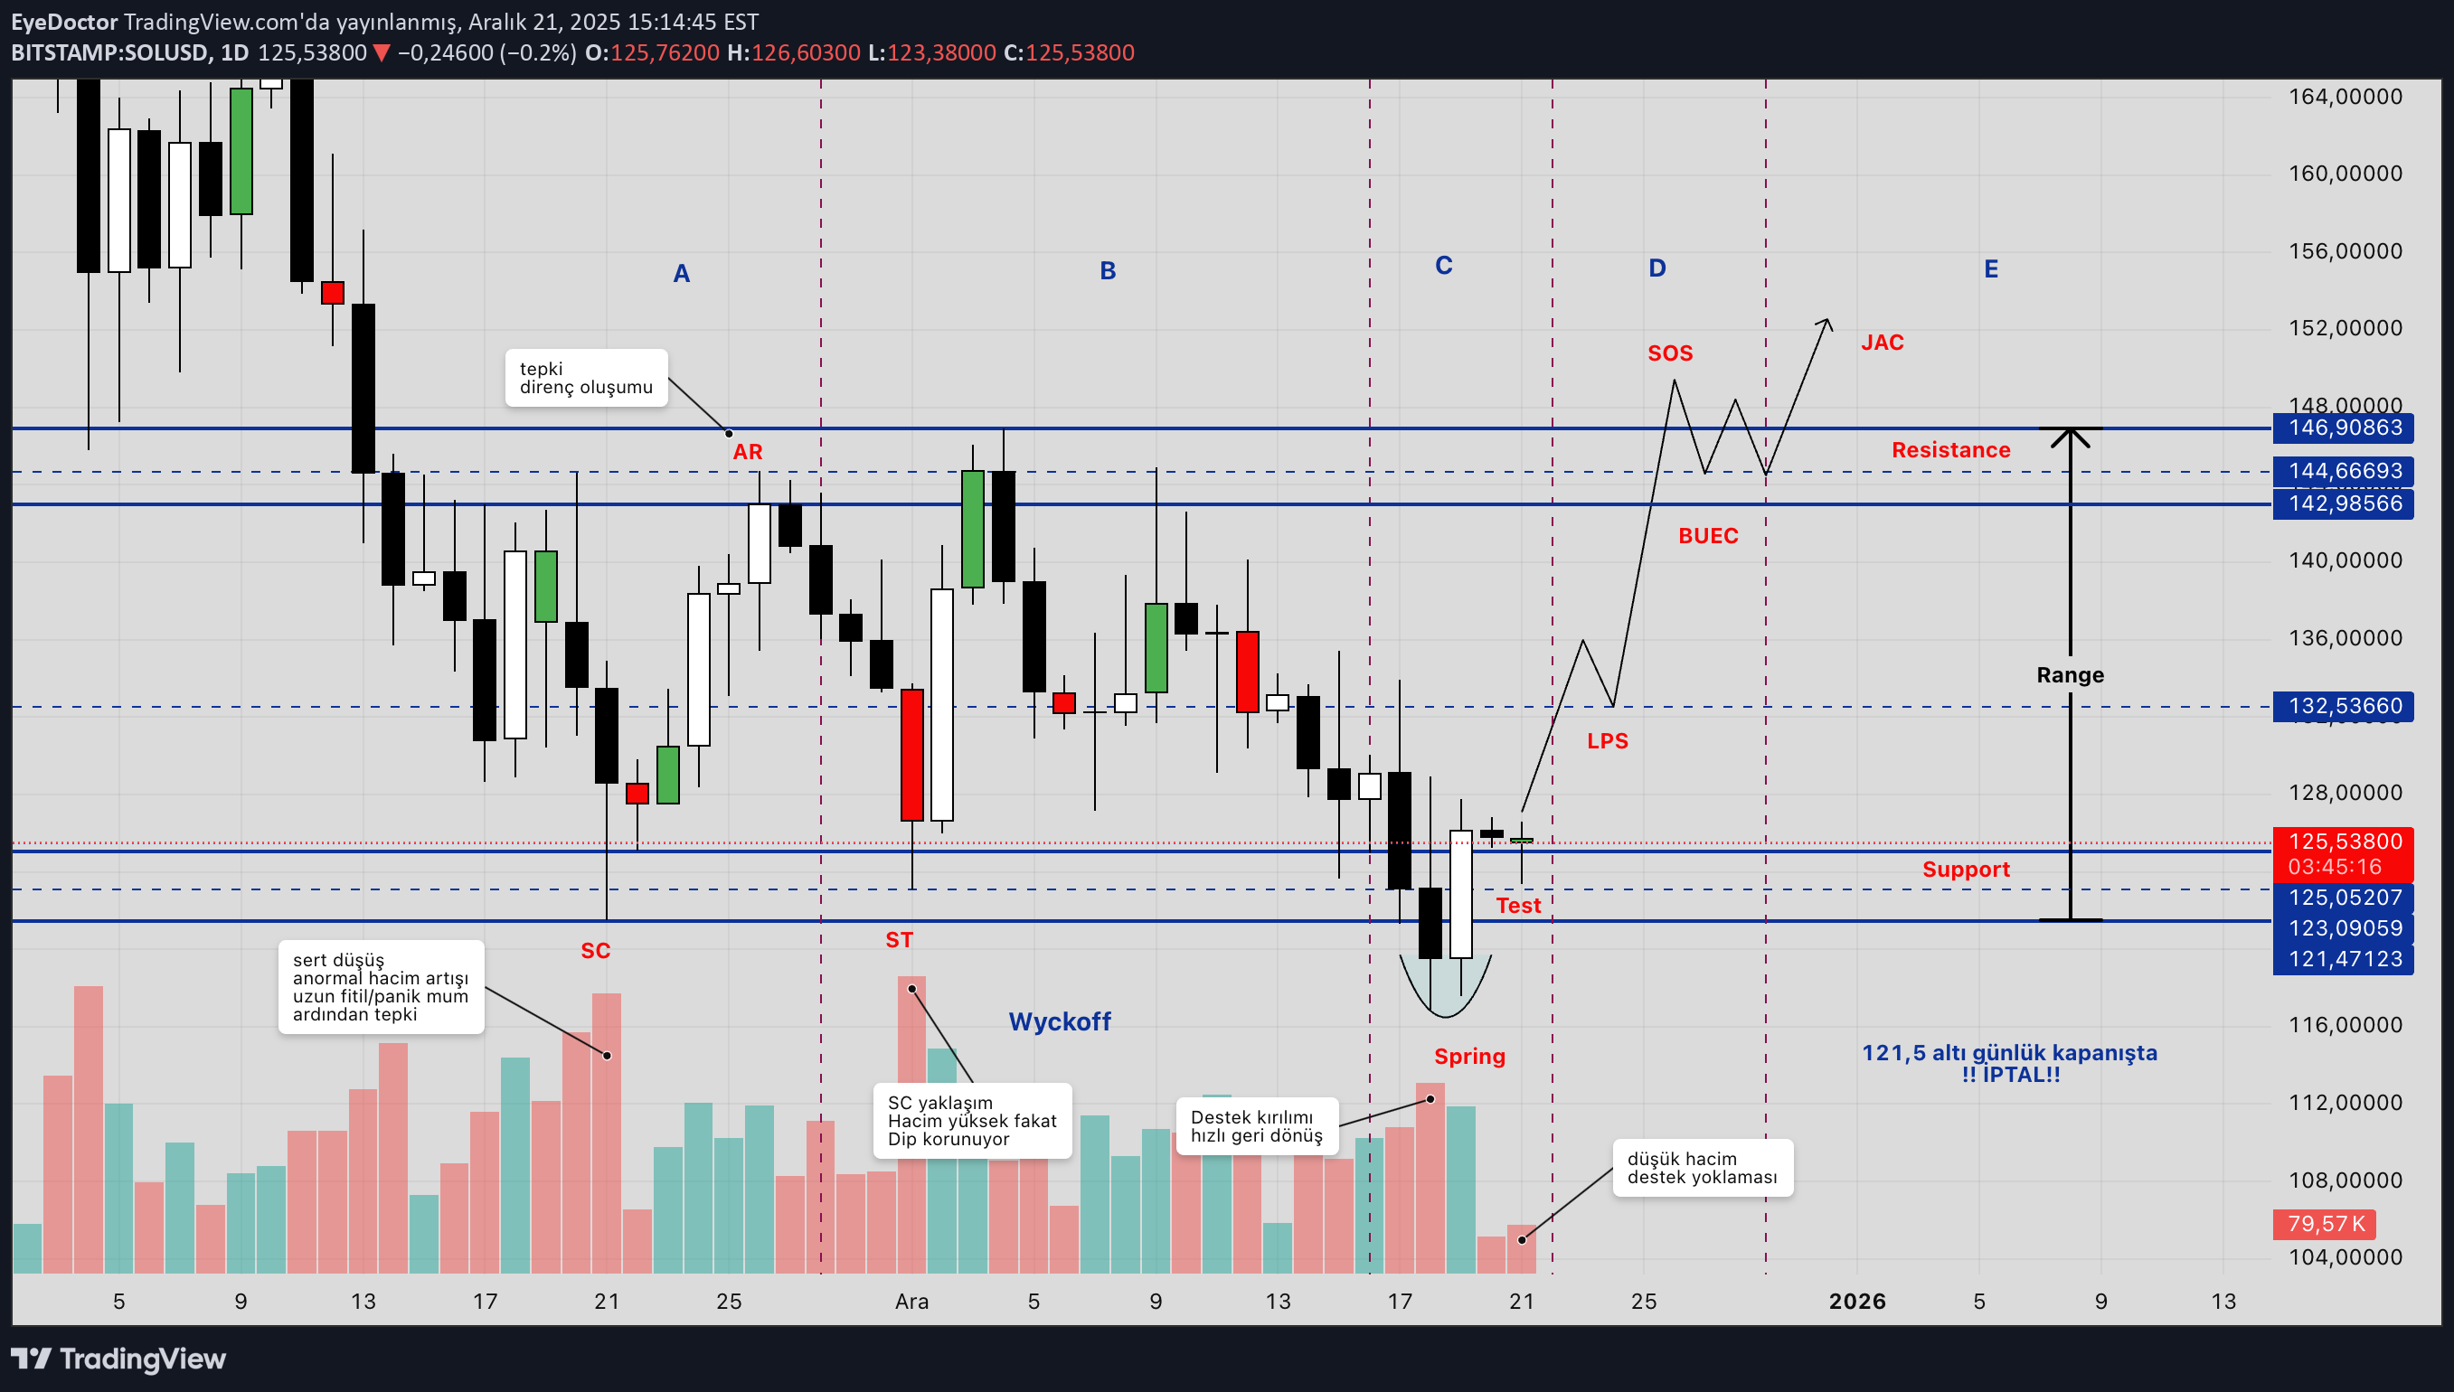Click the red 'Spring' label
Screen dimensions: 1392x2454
coord(1469,1057)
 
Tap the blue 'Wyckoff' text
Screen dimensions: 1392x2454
coord(1060,1022)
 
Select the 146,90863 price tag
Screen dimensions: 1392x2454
coord(2344,428)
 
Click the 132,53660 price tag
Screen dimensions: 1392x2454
coord(2344,707)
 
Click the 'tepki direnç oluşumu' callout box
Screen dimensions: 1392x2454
coord(586,379)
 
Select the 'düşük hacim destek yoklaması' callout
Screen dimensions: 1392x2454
coord(1703,1168)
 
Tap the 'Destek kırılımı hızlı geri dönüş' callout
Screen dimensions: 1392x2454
coord(1257,1127)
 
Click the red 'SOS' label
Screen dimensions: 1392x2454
coord(1670,353)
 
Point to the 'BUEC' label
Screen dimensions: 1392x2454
coord(1708,536)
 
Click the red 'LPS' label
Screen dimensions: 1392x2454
coord(1607,741)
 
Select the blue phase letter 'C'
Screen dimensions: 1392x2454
coord(1444,266)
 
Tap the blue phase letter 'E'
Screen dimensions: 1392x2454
coord(1991,269)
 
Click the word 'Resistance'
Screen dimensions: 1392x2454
coord(1951,450)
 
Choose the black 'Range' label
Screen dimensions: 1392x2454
coord(2071,675)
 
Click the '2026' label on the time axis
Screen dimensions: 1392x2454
coord(1857,1302)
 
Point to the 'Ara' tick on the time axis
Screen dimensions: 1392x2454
coord(911,1302)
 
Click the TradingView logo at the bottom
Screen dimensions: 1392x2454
coord(118,1359)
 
